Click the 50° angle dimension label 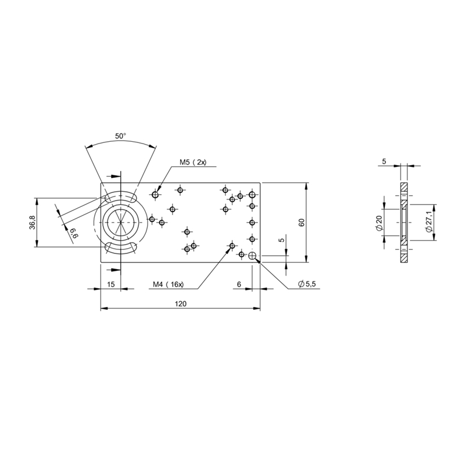[120, 136]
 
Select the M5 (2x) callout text [193, 162]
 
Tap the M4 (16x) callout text [168, 284]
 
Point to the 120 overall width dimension [181, 303]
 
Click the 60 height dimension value [302, 223]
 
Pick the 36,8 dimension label [33, 222]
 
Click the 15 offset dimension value [110, 284]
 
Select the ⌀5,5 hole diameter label [307, 284]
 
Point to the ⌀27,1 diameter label [428, 223]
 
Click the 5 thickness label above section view [384, 162]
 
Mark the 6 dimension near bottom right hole [239, 284]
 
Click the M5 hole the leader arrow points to [155, 195]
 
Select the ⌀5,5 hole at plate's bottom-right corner [252, 255]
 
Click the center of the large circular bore [121, 222]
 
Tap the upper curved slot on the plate [121, 197]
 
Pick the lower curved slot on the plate [121, 247]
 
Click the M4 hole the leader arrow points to [232, 246]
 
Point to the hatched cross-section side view [403, 223]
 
